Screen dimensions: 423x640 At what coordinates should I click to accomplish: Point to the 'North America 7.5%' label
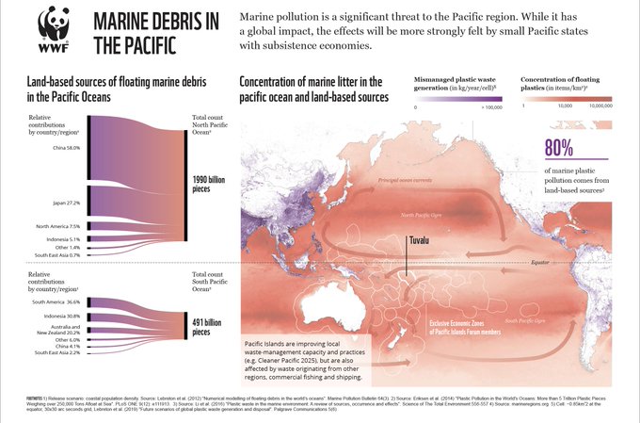(58, 226)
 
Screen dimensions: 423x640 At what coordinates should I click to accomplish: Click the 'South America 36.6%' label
(59, 301)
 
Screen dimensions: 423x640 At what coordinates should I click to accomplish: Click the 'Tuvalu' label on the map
(415, 241)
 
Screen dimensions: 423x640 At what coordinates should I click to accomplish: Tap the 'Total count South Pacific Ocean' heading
(207, 285)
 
